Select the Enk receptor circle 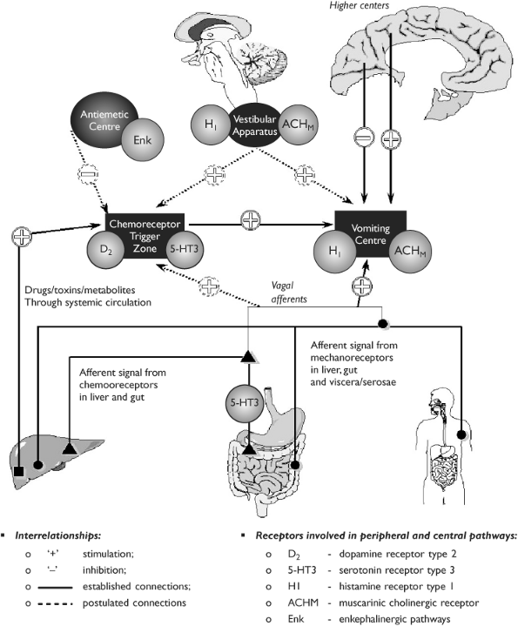143,140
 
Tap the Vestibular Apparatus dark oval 254,125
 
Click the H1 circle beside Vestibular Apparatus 211,125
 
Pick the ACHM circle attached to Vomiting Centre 410,251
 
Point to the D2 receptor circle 105,250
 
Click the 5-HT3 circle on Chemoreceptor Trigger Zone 184,249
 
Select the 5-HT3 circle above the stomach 245,403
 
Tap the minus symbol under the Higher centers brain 364,138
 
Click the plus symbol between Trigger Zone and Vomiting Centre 251,220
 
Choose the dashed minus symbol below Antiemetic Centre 88,174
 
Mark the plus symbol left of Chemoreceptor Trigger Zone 22,237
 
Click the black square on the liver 18,471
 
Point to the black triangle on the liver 70,448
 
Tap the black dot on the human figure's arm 461,434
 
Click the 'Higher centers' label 360,5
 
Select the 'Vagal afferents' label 288,293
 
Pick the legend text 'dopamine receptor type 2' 398,554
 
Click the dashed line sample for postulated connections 55,603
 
